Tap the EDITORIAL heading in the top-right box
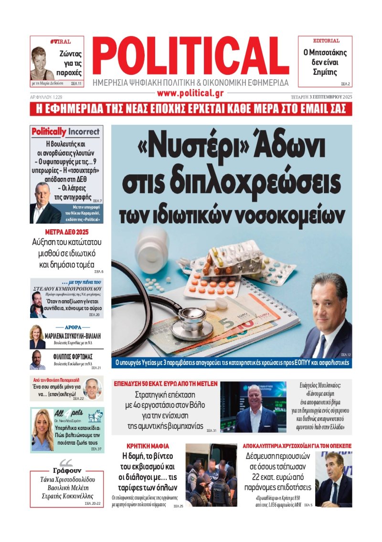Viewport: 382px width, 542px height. tap(326, 41)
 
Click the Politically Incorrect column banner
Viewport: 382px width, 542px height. tap(66, 132)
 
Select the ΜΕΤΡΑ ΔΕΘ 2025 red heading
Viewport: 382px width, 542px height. tap(66, 232)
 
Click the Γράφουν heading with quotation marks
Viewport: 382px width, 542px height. tap(66, 470)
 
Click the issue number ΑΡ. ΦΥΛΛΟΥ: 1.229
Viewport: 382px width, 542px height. tap(46, 97)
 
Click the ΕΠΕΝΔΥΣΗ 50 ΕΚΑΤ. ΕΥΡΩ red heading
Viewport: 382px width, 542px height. tap(165, 383)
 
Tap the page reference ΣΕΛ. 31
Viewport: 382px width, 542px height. tap(211, 431)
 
